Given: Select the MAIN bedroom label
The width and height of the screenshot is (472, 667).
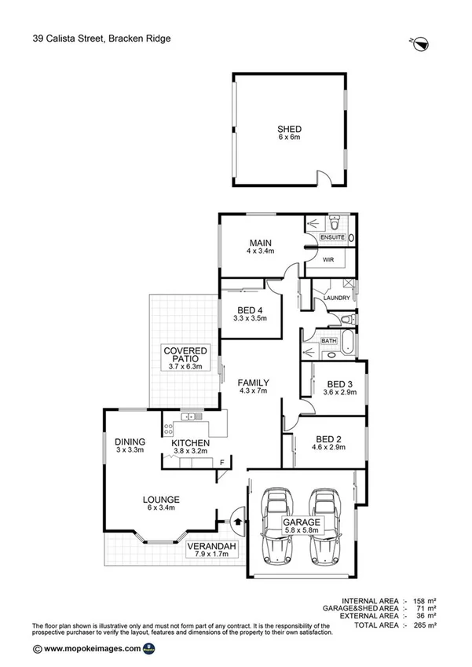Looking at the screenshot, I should click(x=260, y=242).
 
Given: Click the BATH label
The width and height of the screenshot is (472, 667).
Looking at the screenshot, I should click(x=328, y=340).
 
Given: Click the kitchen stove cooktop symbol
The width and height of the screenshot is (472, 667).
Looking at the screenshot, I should click(x=168, y=428).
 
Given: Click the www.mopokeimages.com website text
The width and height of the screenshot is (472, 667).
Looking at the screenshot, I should click(x=93, y=649).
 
